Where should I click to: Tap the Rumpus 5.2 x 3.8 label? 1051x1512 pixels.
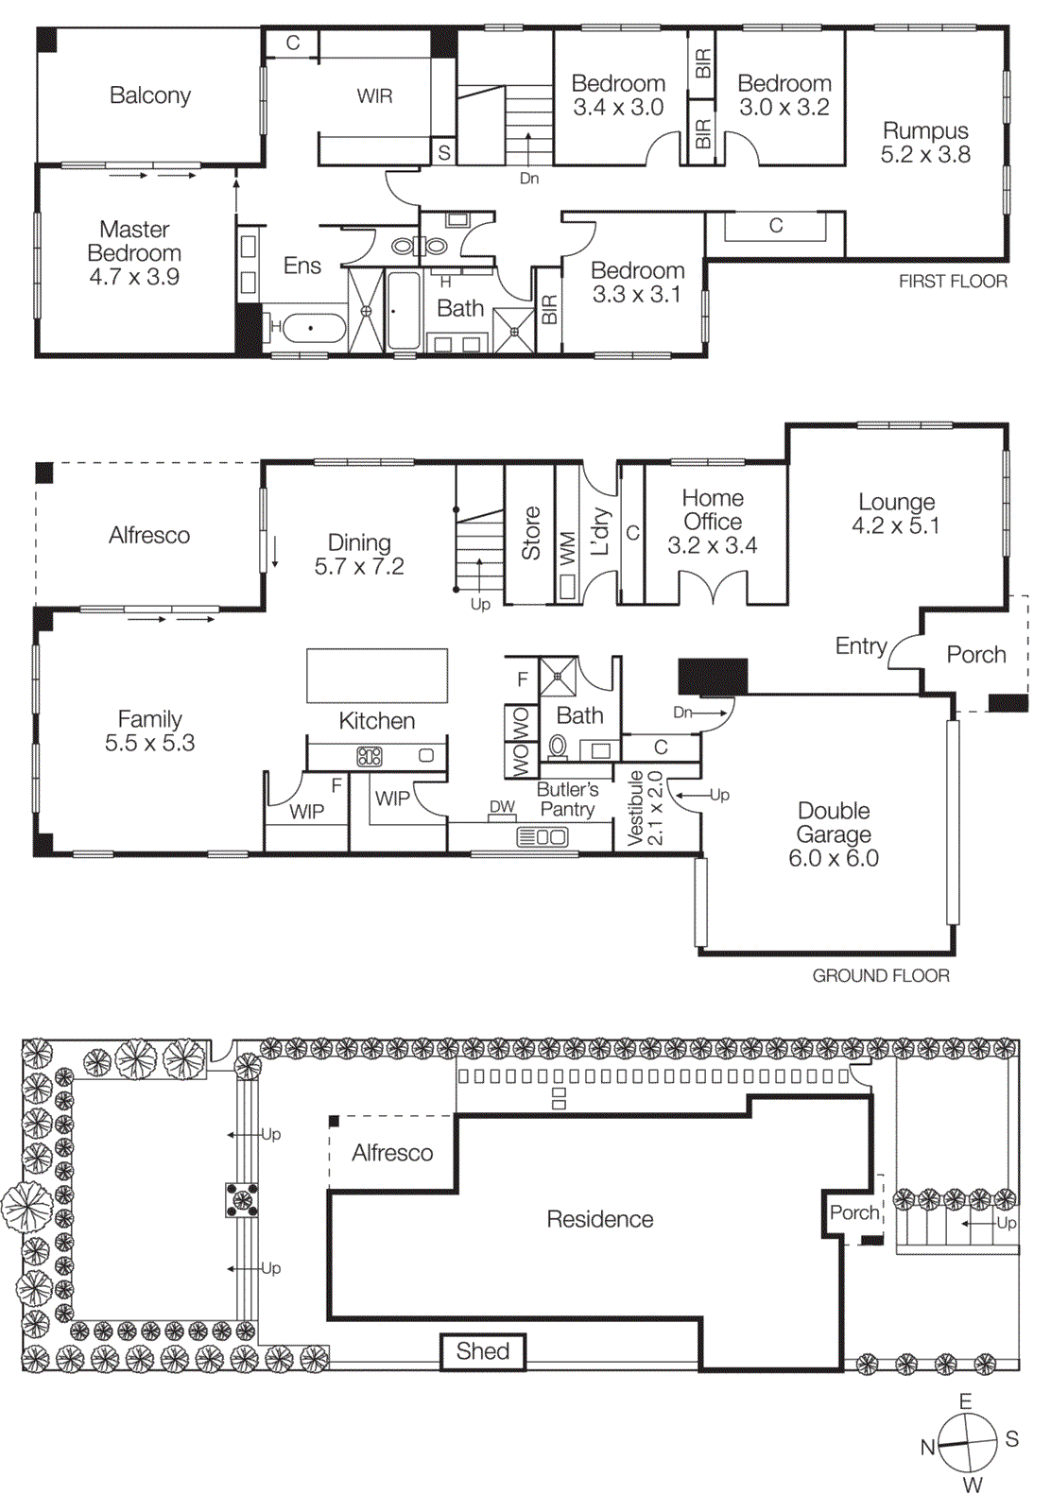tap(925, 143)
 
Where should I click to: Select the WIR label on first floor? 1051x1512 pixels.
tap(374, 95)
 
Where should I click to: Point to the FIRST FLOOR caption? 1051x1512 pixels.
tap(952, 281)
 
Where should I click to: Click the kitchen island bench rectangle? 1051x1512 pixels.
tap(376, 675)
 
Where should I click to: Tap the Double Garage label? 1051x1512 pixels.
tap(834, 833)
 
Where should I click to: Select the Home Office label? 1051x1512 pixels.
tap(713, 521)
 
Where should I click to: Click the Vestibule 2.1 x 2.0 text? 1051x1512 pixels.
tap(646, 808)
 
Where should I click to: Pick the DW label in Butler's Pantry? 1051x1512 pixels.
tap(502, 806)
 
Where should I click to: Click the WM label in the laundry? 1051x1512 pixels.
tap(567, 548)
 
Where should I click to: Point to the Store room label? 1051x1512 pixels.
tap(530, 533)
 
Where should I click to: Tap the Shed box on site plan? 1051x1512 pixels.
tap(483, 1351)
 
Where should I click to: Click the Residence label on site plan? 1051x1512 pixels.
tap(600, 1219)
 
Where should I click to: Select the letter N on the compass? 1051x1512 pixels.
tap(927, 1447)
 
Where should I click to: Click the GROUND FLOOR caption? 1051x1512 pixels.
tap(880, 975)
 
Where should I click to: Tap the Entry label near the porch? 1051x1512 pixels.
tap(860, 645)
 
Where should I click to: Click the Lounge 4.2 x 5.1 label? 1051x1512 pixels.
tap(895, 513)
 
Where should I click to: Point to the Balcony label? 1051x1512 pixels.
tap(150, 95)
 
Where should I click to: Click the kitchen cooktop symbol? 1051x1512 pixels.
tap(370, 756)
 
